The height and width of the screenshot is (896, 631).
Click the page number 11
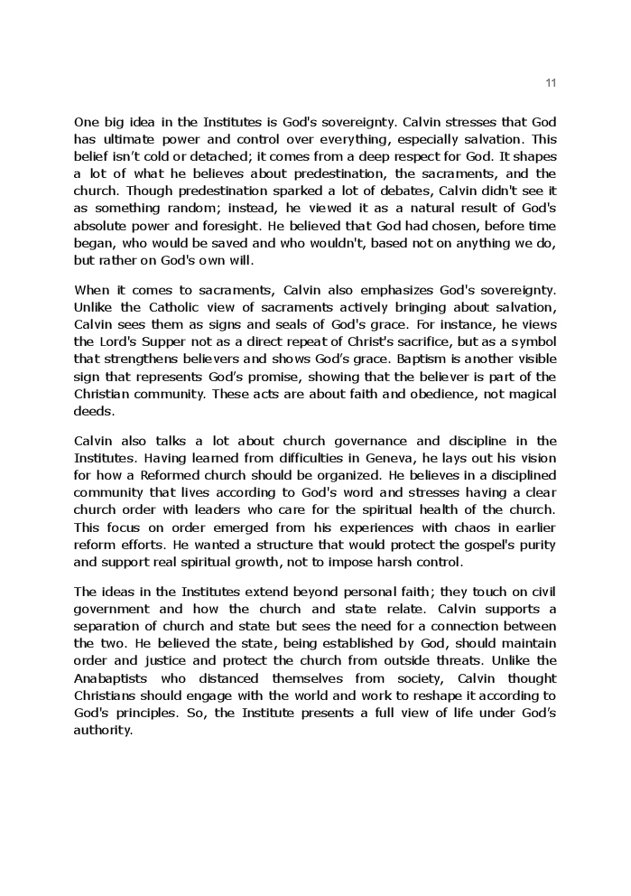(552, 83)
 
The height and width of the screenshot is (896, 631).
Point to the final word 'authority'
(102, 730)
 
